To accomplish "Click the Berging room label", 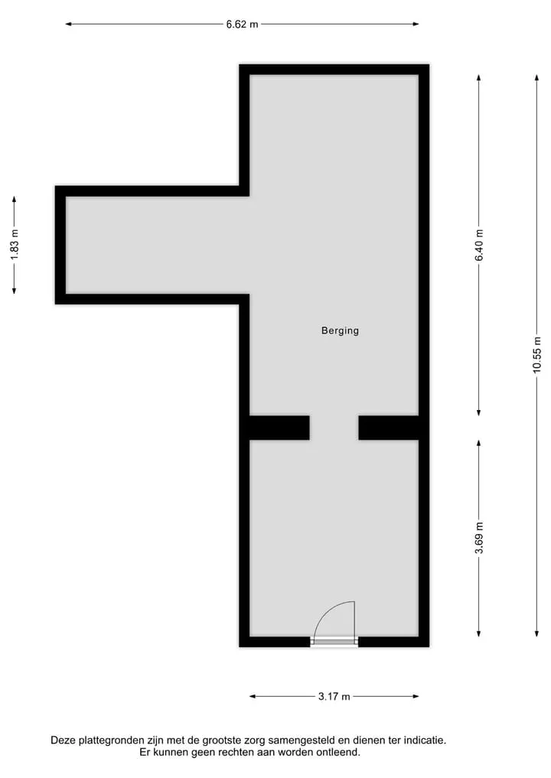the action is click(x=340, y=331).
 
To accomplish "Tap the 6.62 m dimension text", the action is click(x=243, y=24).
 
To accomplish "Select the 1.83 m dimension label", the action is click(x=15, y=245).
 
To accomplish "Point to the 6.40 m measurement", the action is click(x=479, y=245).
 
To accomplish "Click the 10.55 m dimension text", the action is click(x=537, y=355).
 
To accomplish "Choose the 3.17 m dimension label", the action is click(x=334, y=697).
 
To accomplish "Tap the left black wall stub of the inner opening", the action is click(x=279, y=428).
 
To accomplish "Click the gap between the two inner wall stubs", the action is click(x=334, y=428).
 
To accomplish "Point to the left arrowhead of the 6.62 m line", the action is click(x=69, y=24).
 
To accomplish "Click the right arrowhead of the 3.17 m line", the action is click(x=416, y=696).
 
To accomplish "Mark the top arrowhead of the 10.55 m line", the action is click(x=536, y=78).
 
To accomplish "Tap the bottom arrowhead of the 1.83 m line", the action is click(x=14, y=291).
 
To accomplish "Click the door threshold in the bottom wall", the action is click(x=334, y=642).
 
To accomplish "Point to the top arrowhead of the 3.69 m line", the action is click(x=478, y=443).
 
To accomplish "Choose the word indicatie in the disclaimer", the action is click(x=425, y=741).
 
